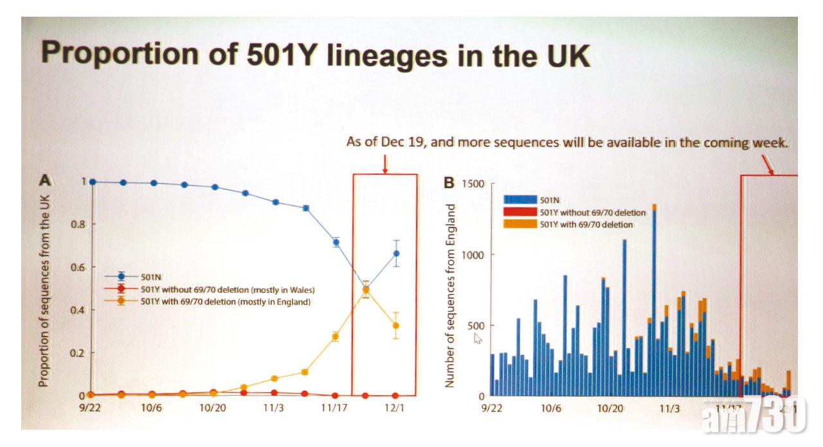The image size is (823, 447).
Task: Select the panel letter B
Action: click(x=451, y=182)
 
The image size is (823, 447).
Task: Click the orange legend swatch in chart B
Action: click(x=520, y=224)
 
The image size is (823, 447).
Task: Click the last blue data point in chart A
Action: click(x=397, y=253)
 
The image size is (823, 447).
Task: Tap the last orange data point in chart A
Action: click(x=397, y=326)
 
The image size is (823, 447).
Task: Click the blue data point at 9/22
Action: click(x=93, y=182)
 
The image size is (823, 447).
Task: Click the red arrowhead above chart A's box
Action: click(x=384, y=171)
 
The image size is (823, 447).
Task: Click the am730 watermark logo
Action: click(x=754, y=421)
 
